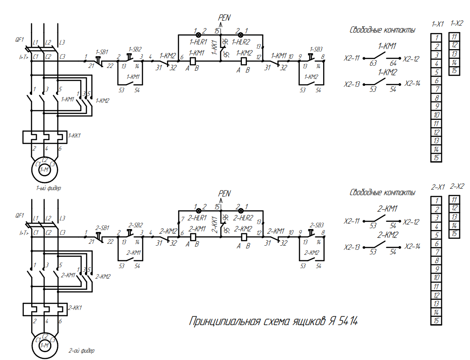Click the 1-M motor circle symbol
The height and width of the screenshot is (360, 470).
click(x=45, y=170)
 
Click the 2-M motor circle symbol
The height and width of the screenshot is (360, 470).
click(x=45, y=345)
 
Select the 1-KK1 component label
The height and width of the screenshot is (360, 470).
click(x=75, y=135)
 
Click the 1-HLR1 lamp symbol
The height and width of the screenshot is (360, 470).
click(x=199, y=34)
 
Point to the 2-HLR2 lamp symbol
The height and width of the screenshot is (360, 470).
click(x=241, y=211)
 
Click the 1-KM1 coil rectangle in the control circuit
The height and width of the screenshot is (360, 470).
click(x=194, y=60)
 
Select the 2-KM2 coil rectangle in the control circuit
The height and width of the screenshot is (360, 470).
click(x=244, y=236)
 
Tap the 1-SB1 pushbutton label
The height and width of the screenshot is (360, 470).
click(x=102, y=52)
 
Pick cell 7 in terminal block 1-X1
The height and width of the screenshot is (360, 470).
click(x=436, y=89)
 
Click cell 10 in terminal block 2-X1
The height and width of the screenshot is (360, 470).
click(x=436, y=277)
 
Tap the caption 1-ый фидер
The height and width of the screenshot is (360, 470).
click(x=49, y=188)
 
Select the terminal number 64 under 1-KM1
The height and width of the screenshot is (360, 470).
click(x=393, y=63)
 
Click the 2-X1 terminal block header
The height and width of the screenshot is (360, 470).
click(x=437, y=187)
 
